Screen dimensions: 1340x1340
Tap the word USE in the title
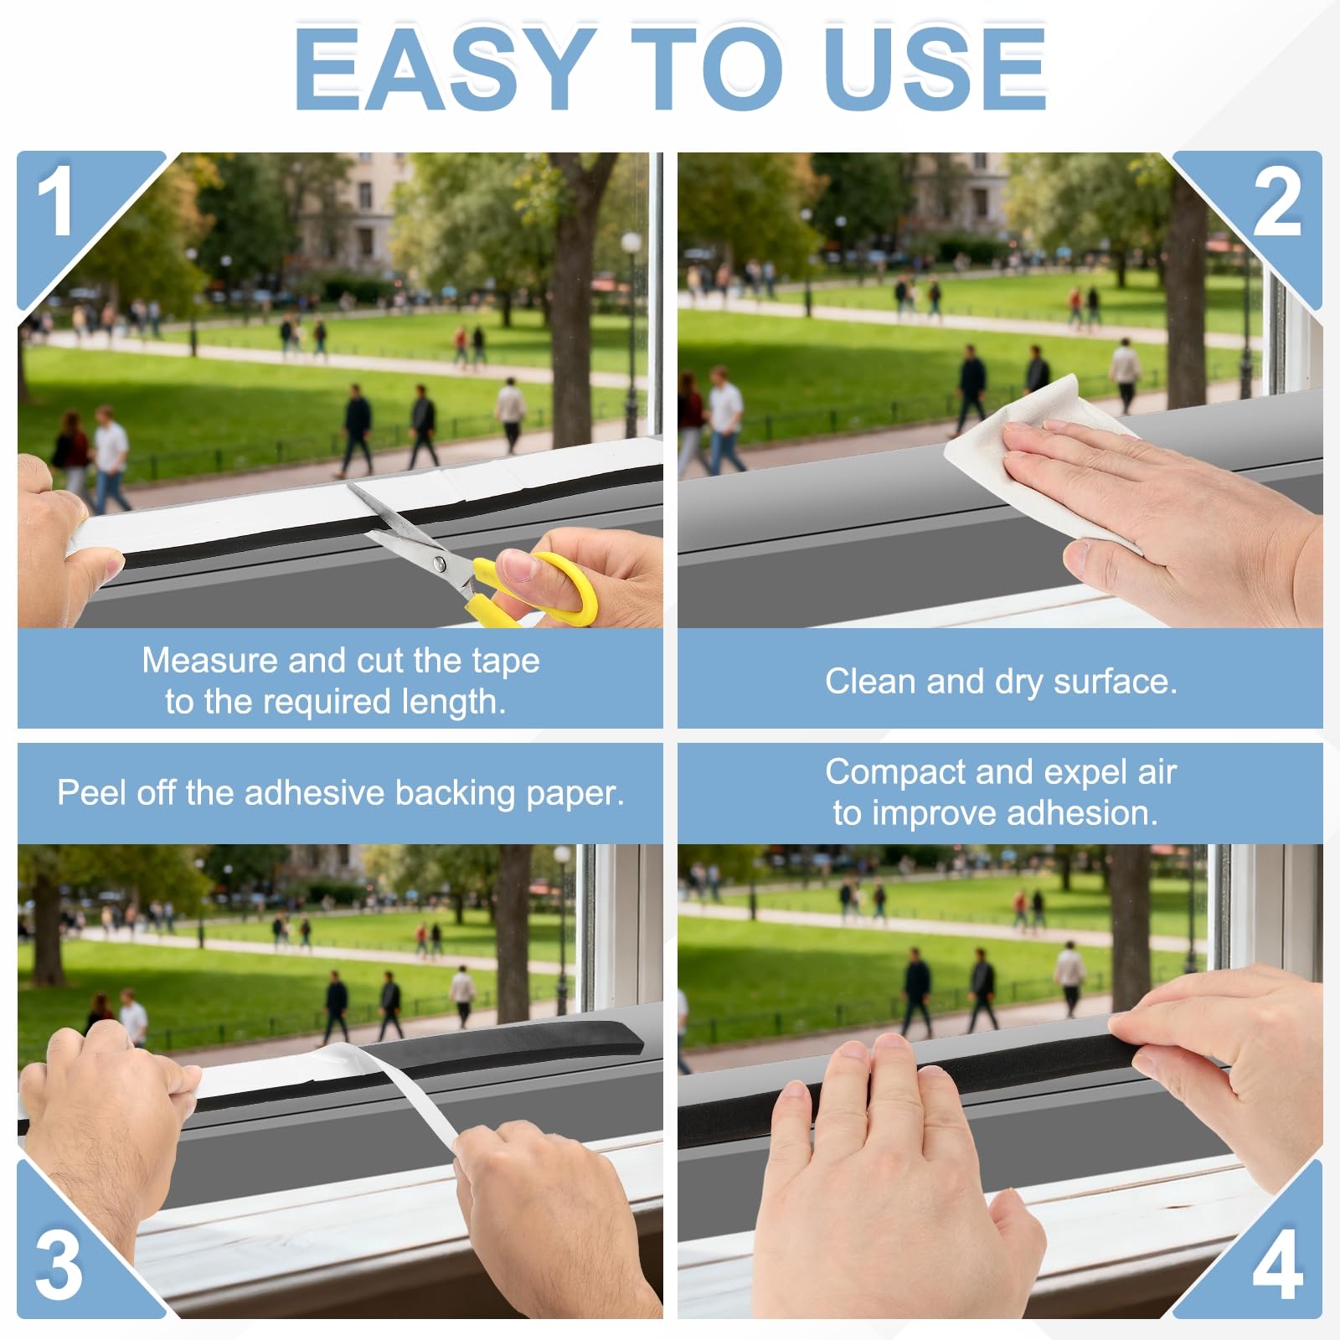[935, 69]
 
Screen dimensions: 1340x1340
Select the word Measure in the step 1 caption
[209, 661]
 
